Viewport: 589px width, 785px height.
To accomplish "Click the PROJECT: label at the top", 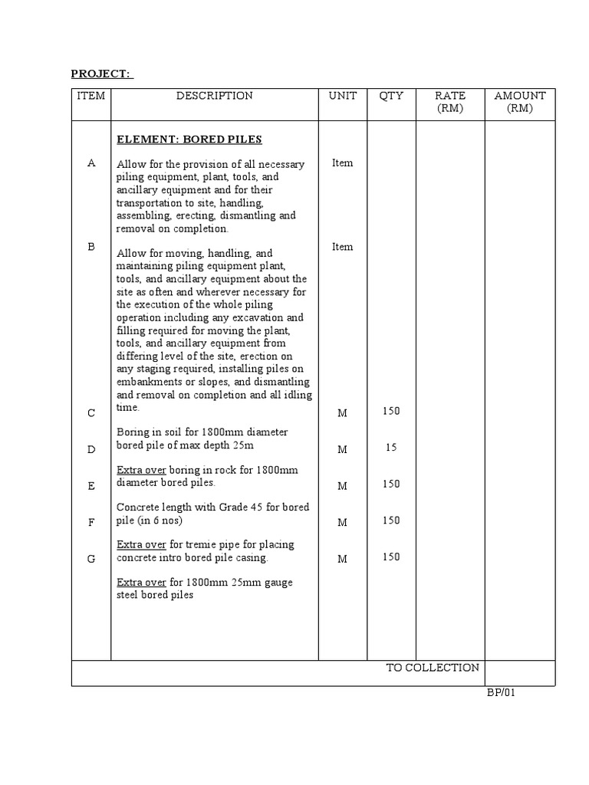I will click(101, 74).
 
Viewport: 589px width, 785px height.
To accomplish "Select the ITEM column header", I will click(91, 96).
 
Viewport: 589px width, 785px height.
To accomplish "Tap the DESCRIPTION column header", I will click(214, 96).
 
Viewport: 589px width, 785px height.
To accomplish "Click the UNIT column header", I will click(343, 96).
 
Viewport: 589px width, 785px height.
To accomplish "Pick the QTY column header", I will click(391, 96).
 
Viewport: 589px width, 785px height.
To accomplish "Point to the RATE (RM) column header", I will click(450, 102).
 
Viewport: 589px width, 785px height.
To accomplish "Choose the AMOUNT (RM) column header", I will click(520, 102).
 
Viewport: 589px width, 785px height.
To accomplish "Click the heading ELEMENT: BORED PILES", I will click(189, 140).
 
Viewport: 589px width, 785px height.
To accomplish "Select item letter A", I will click(91, 163).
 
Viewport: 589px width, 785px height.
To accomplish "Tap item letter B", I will click(91, 247).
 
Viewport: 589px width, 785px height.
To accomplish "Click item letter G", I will click(91, 559).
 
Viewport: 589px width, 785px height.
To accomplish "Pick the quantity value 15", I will click(391, 448).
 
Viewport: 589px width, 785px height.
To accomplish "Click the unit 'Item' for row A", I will click(343, 163).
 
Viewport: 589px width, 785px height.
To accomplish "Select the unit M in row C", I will click(343, 413).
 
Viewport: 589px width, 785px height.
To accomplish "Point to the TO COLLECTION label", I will click(433, 668).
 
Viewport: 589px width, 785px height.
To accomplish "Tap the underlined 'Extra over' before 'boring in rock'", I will click(141, 470).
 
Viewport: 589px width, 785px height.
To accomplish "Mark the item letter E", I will click(91, 486).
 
